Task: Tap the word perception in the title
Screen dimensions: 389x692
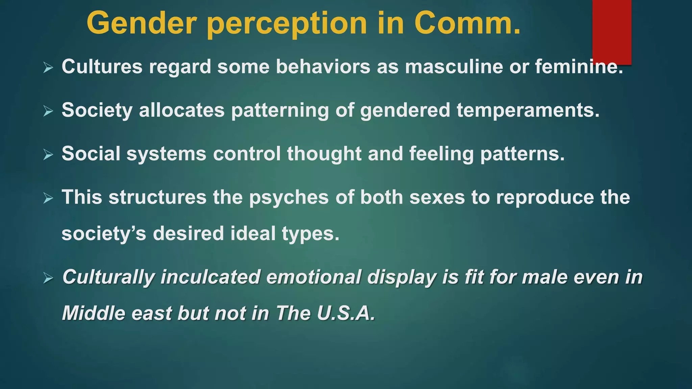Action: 287,24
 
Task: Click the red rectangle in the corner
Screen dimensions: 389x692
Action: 612,32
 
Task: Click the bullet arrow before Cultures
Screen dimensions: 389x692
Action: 48,68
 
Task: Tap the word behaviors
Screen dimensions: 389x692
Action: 323,67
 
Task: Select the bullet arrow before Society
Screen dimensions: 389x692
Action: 48,111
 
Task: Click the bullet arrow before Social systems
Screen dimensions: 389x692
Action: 48,155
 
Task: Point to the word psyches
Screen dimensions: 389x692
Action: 289,198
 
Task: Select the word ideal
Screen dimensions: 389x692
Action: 253,233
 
